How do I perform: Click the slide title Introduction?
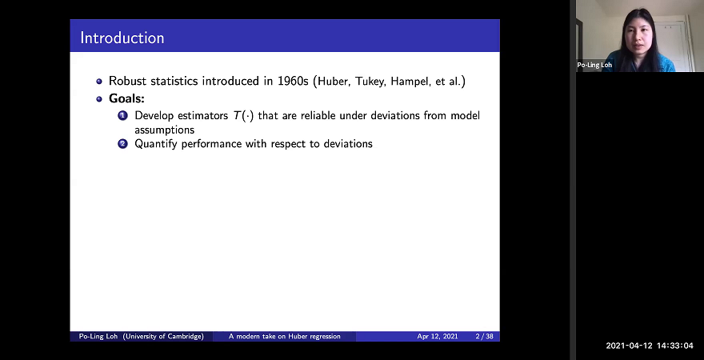click(x=122, y=38)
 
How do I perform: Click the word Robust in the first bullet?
click(x=129, y=82)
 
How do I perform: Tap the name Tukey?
click(x=373, y=82)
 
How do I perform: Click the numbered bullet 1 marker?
click(x=123, y=116)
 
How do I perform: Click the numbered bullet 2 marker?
click(x=123, y=144)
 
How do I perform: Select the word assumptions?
click(x=165, y=129)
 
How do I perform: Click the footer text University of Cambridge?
click(x=162, y=337)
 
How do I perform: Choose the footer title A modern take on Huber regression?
click(x=284, y=337)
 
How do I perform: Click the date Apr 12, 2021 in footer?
click(x=436, y=337)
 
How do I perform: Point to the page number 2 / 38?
click(x=484, y=337)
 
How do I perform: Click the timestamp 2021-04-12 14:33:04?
click(x=650, y=346)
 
